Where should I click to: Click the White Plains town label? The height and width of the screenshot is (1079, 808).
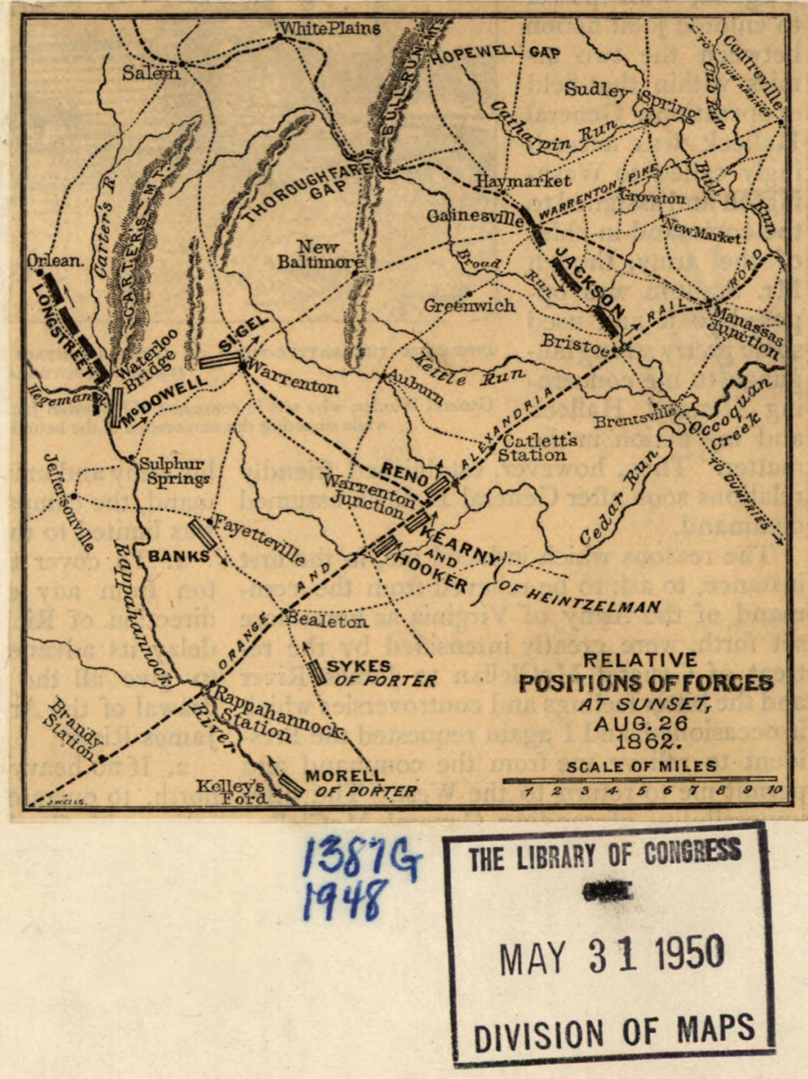pyautogui.click(x=330, y=29)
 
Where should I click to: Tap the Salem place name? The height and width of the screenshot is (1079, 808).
pyautogui.click(x=151, y=73)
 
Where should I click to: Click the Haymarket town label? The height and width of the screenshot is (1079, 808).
pyautogui.click(x=523, y=181)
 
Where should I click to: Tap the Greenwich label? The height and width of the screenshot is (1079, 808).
pyautogui.click(x=469, y=305)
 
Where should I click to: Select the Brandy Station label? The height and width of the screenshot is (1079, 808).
pyautogui.click(x=71, y=730)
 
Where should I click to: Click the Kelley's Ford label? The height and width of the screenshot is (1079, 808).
pyautogui.click(x=233, y=793)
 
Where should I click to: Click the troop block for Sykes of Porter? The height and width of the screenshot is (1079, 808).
pyautogui.click(x=317, y=672)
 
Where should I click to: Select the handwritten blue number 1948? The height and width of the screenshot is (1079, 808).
pyautogui.click(x=345, y=899)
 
